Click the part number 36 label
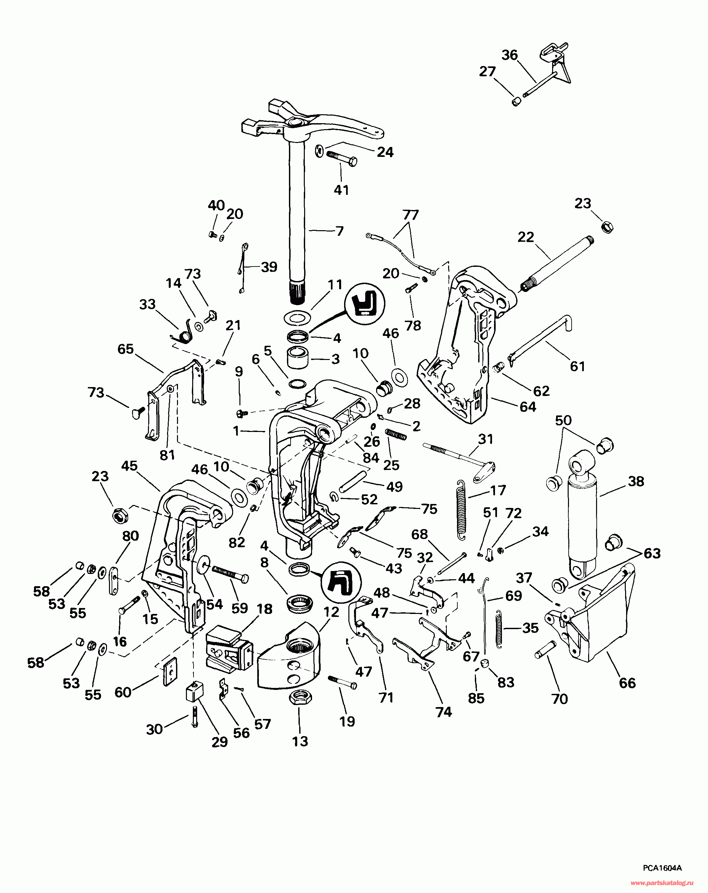click(510, 55)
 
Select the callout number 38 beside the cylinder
click(636, 481)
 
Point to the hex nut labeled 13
click(300, 699)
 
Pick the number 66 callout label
click(627, 683)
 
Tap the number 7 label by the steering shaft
click(340, 231)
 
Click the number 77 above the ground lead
click(410, 215)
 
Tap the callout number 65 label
click(125, 349)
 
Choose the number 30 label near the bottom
click(154, 729)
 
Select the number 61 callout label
click(578, 366)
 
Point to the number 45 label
click(129, 466)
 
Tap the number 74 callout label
click(443, 712)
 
